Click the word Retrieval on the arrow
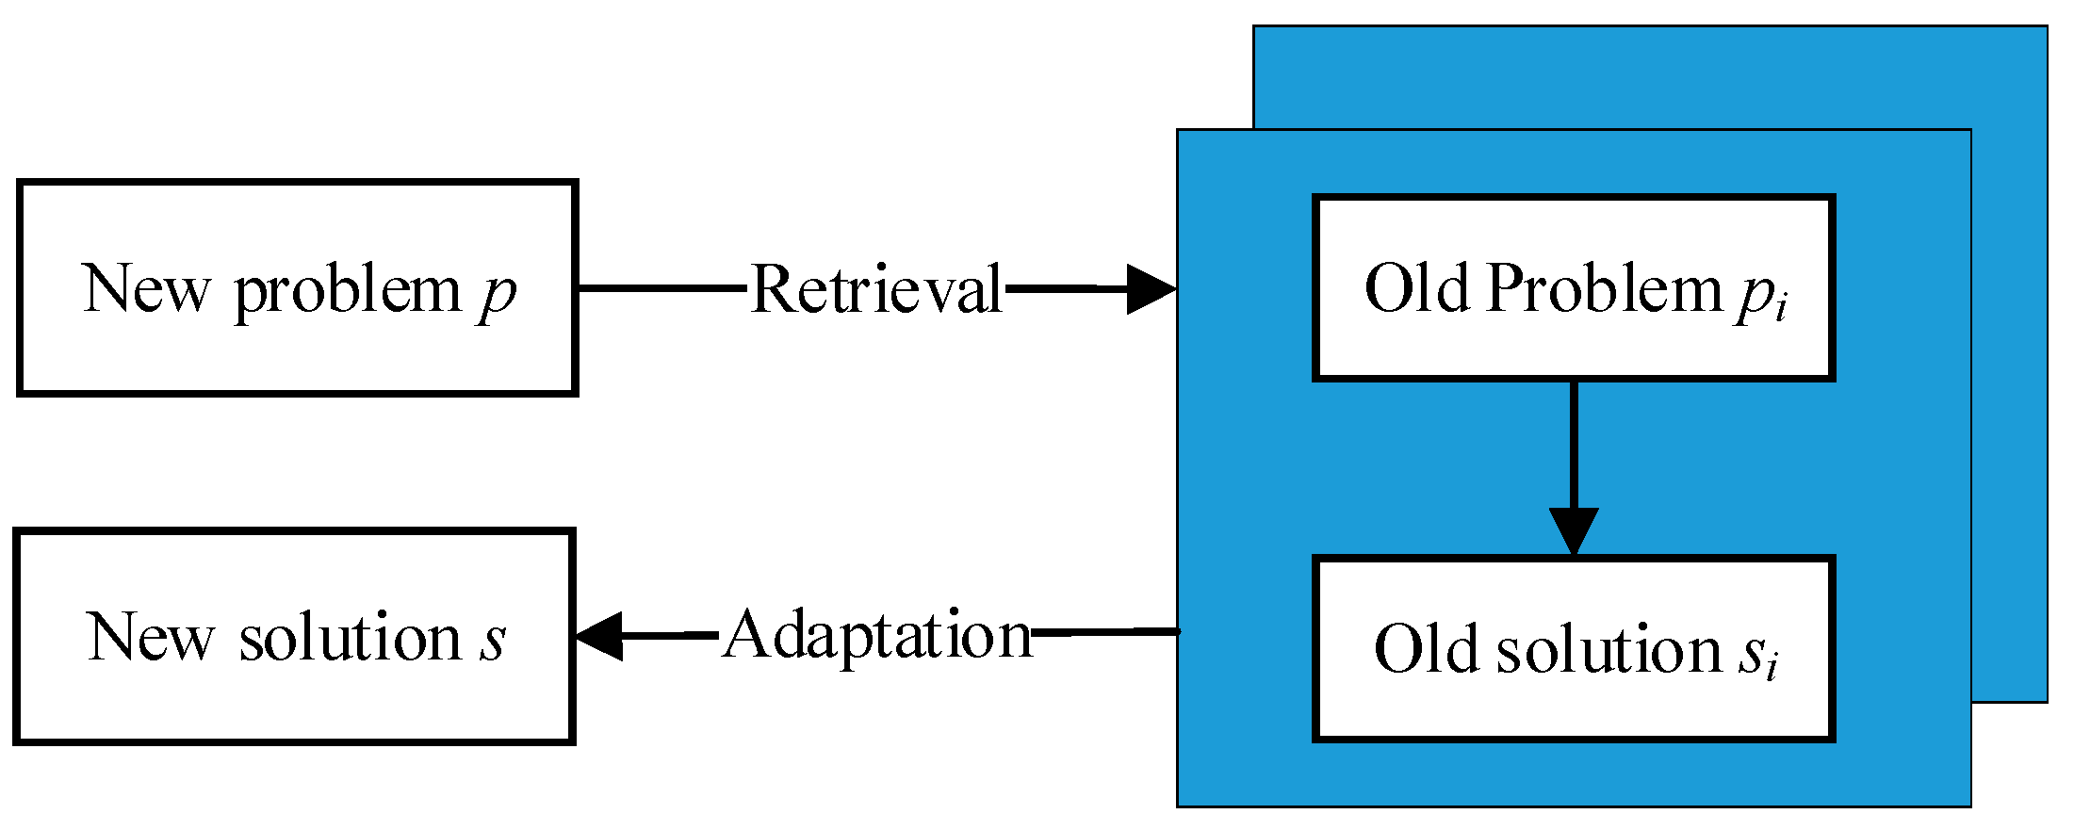876,289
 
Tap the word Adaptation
877,636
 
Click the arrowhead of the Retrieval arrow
1151,288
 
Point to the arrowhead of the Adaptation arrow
599,636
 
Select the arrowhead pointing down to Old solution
1574,530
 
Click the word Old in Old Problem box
1416,288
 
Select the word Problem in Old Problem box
1605,288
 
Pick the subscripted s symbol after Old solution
1757,653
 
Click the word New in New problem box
146,289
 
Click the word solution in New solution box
350,638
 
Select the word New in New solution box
150,638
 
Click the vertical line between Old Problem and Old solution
1574,443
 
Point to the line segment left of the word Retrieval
660,287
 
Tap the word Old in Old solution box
1426,650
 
